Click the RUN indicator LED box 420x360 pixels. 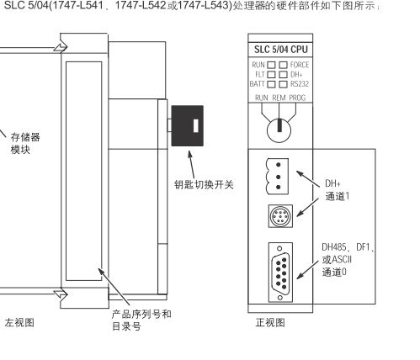click(x=272, y=64)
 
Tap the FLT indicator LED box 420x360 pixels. click(x=272, y=74)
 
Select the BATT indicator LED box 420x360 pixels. click(x=272, y=84)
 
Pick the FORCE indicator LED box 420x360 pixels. click(x=284, y=64)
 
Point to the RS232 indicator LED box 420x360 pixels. click(x=284, y=84)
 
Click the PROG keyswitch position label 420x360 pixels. click(x=297, y=98)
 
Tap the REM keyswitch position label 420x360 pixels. click(x=279, y=98)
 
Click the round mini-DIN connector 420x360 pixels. click(x=279, y=215)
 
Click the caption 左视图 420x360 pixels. click(x=19, y=322)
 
